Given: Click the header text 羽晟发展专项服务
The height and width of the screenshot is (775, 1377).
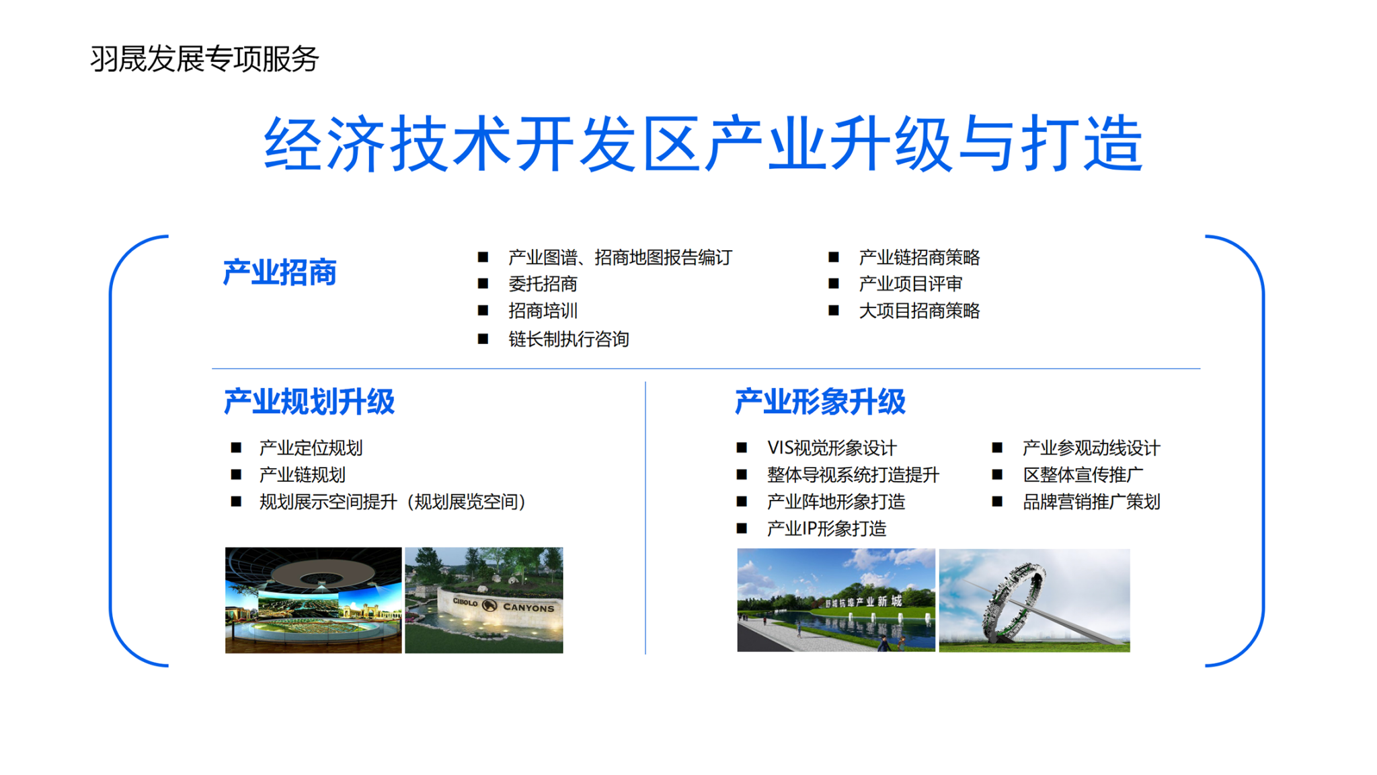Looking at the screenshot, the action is tap(204, 59).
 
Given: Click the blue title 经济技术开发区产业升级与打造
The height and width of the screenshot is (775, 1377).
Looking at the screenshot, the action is tap(703, 143).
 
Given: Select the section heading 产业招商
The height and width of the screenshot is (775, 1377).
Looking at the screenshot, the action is tap(280, 272).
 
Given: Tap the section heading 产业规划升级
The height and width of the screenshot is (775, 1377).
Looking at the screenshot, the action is tap(309, 402).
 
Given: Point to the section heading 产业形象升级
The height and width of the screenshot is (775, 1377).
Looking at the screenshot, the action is tap(820, 402).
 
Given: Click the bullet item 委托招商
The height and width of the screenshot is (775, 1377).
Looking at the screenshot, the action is tap(543, 284).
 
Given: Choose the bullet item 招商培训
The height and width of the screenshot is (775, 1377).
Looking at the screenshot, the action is tap(543, 311).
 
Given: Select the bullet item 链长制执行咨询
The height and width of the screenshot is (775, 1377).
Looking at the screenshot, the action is tap(569, 339).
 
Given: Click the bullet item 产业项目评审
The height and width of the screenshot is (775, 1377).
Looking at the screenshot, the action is tap(910, 284).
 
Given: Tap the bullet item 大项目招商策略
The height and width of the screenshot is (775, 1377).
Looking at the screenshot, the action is tap(919, 311).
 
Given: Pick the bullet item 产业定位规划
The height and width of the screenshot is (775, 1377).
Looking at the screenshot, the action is tap(311, 448).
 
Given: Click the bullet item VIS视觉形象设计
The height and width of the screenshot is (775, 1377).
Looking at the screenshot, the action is tap(832, 448).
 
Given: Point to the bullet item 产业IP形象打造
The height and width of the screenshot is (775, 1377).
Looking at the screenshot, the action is tap(826, 529).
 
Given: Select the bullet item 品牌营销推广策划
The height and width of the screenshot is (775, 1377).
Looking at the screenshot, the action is tap(1091, 502).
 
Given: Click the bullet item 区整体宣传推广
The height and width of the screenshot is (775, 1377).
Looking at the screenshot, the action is tap(1083, 475).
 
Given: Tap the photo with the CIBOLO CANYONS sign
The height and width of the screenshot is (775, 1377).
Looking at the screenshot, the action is tap(484, 600).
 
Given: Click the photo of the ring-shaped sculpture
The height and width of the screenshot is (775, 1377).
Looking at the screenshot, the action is tap(1034, 600).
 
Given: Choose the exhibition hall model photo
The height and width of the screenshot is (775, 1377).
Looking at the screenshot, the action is tap(313, 600).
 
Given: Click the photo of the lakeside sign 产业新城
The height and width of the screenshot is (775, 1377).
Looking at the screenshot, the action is tap(836, 600).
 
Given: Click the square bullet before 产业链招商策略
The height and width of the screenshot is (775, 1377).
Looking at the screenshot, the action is tap(834, 257).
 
